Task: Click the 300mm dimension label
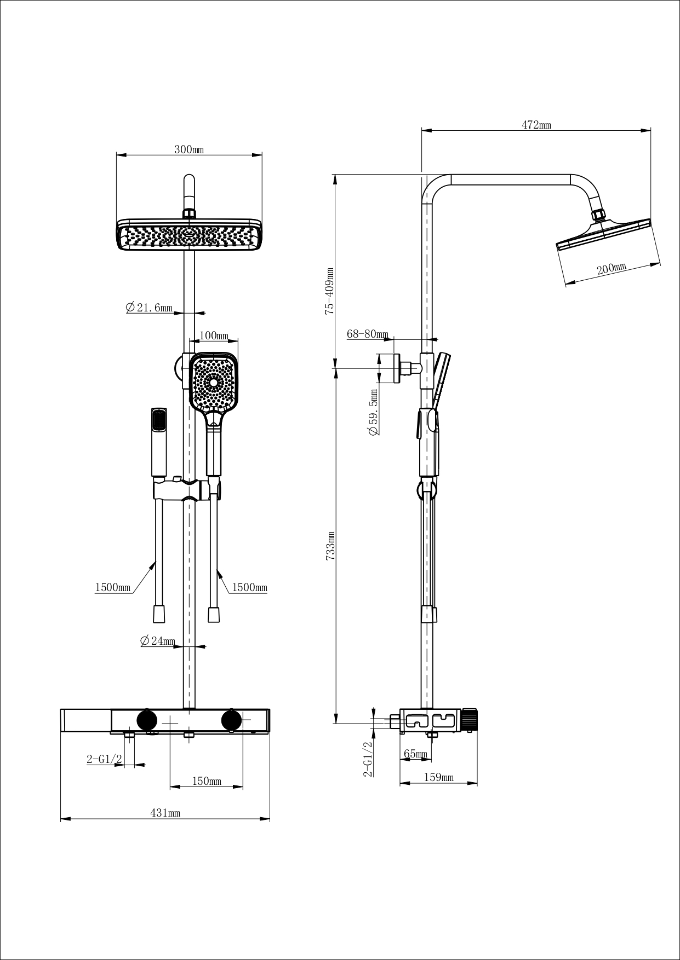[x=189, y=149]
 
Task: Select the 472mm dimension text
[x=536, y=125]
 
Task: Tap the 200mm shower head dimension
[x=612, y=268]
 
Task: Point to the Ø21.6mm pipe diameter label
[x=149, y=308]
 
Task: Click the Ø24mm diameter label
[x=158, y=641]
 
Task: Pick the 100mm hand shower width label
[x=214, y=335]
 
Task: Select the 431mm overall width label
[x=165, y=813]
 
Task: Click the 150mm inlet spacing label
[x=207, y=781]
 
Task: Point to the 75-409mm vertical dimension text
[x=329, y=291]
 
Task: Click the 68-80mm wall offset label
[x=367, y=334]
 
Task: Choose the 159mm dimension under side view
[x=439, y=777]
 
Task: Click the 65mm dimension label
[x=415, y=754]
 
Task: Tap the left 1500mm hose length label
[x=113, y=587]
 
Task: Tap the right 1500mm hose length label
[x=249, y=587]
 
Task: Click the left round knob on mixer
[x=147, y=719]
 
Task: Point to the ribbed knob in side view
[x=470, y=720]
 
